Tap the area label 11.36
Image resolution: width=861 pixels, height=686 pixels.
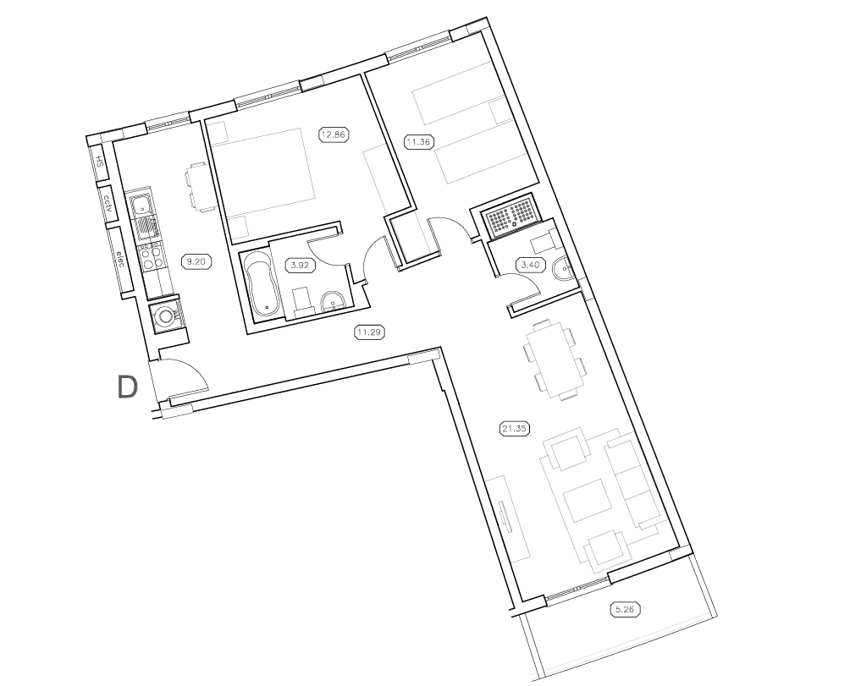point(419,142)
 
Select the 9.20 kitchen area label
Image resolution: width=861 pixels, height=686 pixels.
point(196,261)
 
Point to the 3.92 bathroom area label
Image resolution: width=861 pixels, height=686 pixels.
point(298,265)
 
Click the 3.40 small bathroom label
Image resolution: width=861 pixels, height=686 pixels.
point(530,265)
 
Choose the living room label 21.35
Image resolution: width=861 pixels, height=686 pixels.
point(514,429)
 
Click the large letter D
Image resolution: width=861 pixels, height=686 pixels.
point(127,386)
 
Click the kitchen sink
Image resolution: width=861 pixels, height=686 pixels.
point(141,204)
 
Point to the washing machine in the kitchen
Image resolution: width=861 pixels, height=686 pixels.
point(165,316)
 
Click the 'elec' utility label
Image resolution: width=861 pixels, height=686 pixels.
point(120,259)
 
